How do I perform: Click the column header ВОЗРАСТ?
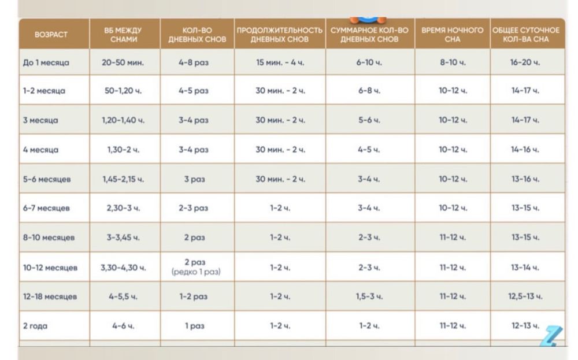coord(51,35)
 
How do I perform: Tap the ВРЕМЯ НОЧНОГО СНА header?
coord(453,35)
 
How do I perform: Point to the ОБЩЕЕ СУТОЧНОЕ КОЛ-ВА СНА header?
coord(526,35)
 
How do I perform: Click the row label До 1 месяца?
coord(46,62)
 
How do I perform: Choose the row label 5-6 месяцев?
coord(47,179)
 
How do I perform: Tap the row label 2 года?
coord(35,326)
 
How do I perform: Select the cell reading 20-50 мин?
coord(123,62)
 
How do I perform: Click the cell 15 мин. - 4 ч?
coord(280,62)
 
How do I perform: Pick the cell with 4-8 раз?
coord(194,62)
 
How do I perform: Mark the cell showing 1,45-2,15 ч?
coord(123,179)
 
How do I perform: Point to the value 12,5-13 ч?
coord(525,296)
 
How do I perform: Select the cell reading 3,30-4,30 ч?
coord(123,268)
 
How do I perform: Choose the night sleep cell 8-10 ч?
coord(453,62)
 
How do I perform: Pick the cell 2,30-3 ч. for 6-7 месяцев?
coord(123,208)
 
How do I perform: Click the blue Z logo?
coord(551,336)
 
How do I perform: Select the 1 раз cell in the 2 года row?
coord(195,326)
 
